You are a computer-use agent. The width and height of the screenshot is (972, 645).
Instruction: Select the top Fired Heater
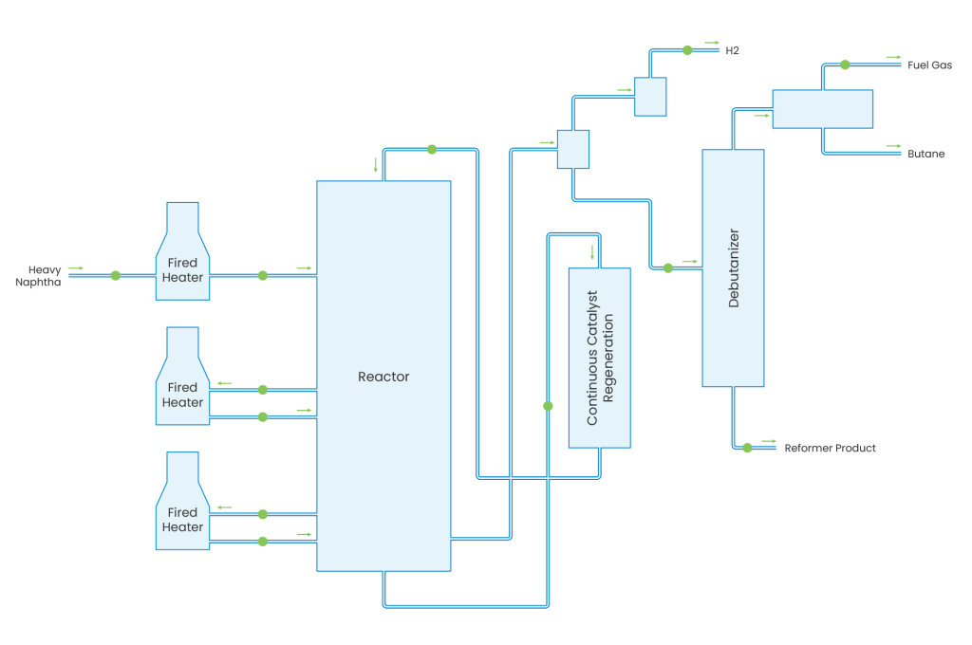pyautogui.click(x=182, y=270)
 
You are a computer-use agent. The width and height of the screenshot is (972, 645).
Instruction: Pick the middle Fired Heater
pyautogui.click(x=182, y=395)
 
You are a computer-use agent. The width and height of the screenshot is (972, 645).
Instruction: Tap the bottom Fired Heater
pyautogui.click(x=182, y=520)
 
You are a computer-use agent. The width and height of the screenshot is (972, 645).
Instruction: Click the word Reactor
pyautogui.click(x=383, y=377)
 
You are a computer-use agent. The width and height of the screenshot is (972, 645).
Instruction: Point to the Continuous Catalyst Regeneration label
pyautogui.click(x=600, y=358)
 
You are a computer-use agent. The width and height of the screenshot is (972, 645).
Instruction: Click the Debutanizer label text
pyautogui.click(x=734, y=267)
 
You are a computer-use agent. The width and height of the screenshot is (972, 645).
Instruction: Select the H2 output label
pyautogui.click(x=732, y=50)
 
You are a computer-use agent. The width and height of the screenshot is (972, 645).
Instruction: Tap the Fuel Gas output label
pyautogui.click(x=928, y=65)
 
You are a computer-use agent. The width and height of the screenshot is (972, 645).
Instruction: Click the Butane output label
pyautogui.click(x=925, y=154)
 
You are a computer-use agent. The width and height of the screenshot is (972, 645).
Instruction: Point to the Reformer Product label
pyautogui.click(x=830, y=448)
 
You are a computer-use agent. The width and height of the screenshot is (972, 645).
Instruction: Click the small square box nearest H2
pyautogui.click(x=650, y=97)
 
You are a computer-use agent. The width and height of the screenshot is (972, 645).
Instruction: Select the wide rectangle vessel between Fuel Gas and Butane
pyautogui.click(x=822, y=109)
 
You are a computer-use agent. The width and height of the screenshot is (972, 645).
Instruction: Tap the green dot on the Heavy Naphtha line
pyautogui.click(x=116, y=275)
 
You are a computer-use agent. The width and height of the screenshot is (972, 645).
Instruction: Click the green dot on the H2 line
pyautogui.click(x=684, y=49)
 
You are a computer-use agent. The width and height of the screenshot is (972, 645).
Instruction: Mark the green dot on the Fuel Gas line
pyautogui.click(x=845, y=64)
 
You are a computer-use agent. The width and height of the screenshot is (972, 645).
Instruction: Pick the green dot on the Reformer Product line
pyautogui.click(x=747, y=448)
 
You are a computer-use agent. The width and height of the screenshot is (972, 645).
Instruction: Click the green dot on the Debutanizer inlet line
pyautogui.click(x=668, y=267)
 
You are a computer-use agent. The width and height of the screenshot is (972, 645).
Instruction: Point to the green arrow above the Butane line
pyautogui.click(x=893, y=145)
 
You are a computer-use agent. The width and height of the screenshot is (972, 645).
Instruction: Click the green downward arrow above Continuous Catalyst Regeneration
pyautogui.click(x=592, y=252)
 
